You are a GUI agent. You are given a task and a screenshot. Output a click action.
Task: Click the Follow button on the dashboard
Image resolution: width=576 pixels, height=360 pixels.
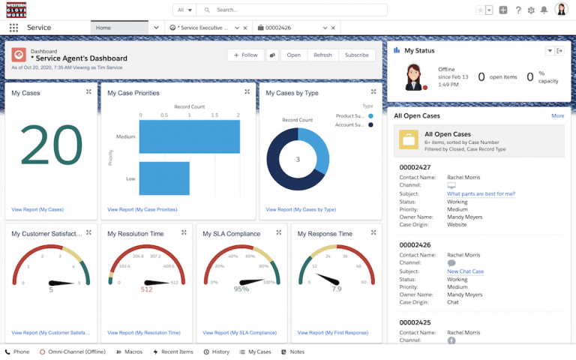[245, 55]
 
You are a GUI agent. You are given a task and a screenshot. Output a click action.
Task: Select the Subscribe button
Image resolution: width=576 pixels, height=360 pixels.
[356, 55]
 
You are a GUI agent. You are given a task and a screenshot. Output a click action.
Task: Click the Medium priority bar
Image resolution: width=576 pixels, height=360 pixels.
[189, 137]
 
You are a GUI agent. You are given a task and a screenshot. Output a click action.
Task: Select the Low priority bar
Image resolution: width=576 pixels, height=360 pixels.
[164, 178]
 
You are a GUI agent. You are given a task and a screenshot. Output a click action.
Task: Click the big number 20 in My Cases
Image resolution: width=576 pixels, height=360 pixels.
[51, 145]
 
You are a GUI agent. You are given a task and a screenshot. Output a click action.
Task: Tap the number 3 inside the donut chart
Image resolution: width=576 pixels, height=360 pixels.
[298, 159]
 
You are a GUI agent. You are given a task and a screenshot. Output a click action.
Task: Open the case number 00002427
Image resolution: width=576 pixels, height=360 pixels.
[415, 167]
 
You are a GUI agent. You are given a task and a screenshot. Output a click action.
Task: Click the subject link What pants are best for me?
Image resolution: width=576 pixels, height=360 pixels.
[481, 193]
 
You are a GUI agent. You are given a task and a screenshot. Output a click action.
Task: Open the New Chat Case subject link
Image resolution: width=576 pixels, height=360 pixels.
[465, 271]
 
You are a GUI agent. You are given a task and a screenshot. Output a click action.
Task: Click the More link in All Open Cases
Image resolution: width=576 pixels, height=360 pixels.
[557, 116]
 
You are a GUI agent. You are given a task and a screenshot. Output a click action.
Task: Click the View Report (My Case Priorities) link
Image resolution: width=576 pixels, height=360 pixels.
[142, 209]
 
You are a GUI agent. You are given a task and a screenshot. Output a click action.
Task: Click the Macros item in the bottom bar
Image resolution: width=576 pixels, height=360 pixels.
[130, 352]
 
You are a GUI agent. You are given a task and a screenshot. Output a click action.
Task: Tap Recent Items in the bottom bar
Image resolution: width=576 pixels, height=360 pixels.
[173, 352]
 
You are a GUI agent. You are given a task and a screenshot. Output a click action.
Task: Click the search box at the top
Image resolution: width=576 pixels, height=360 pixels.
[300, 10]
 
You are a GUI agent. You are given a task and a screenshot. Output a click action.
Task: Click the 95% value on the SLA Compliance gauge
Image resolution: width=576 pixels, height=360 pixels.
[241, 289]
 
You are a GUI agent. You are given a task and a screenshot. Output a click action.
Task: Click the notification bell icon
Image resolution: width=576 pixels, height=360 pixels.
[544, 10]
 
